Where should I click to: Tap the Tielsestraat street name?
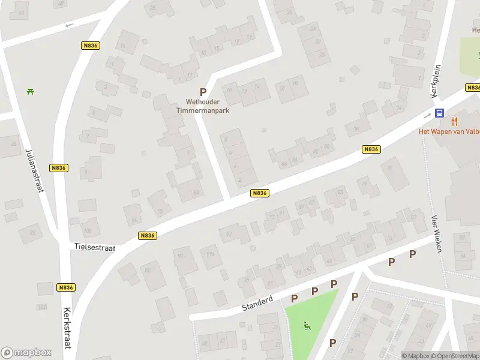tap(95, 247)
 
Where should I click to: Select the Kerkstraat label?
tap(67, 328)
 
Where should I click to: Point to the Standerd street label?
tap(257, 302)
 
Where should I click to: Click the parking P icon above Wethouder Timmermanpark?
tap(203, 92)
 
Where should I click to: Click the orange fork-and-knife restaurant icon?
tap(455, 121)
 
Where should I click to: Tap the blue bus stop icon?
tap(439, 113)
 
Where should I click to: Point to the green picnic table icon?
tap(30, 91)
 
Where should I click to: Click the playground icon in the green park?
tap(308, 326)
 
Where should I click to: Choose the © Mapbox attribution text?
tap(416, 356)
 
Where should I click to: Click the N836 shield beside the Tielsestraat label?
tap(147, 236)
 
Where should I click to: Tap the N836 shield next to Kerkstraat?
tap(66, 287)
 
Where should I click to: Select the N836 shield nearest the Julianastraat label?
tap(59, 168)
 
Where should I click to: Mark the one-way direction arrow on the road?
tap(68, 25)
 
